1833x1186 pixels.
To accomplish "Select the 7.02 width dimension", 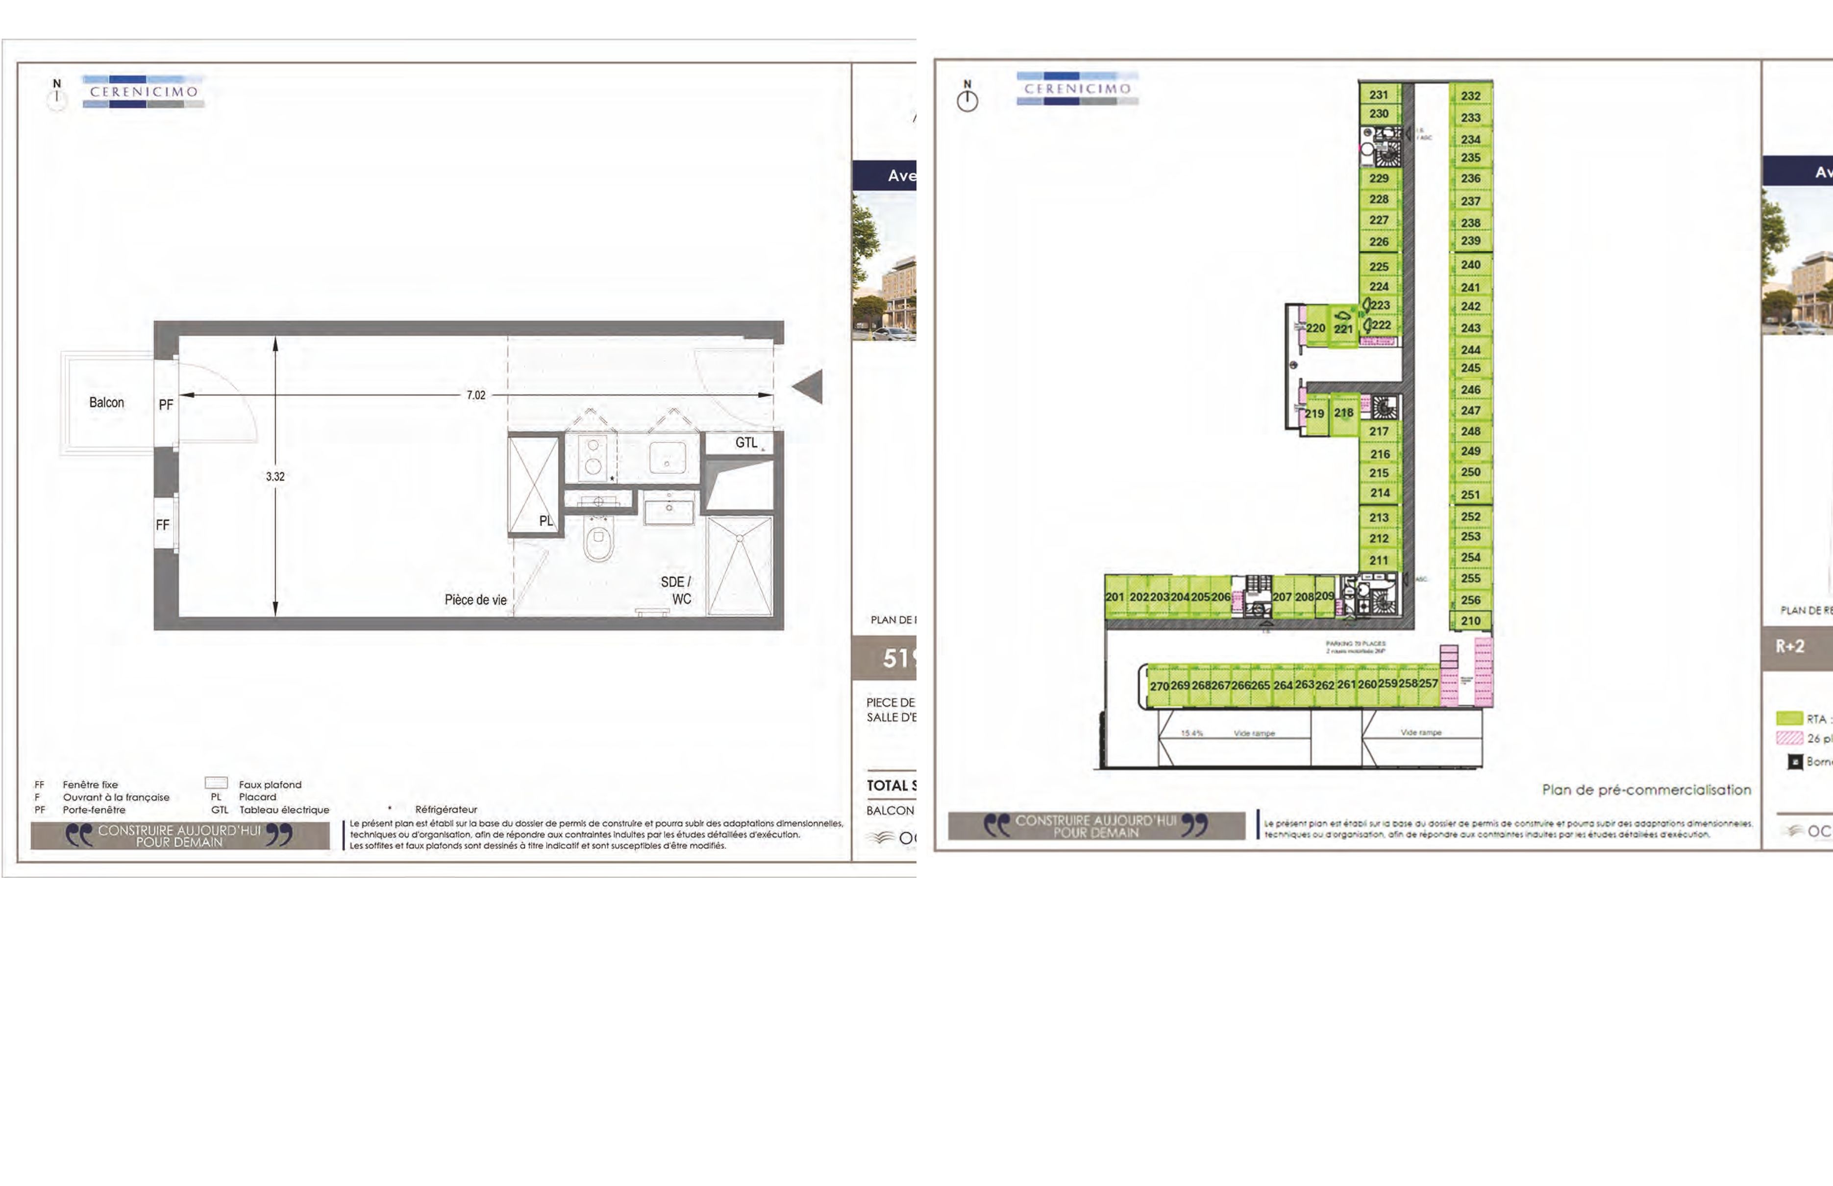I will [476, 395].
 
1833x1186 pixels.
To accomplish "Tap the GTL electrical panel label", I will [745, 443].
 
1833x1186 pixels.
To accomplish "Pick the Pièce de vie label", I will [475, 600].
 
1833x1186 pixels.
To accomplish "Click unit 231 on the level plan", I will [1379, 95].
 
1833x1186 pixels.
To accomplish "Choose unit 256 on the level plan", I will [1470, 600].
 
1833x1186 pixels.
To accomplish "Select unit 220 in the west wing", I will [1315, 328].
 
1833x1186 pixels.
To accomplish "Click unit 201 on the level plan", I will [1115, 597].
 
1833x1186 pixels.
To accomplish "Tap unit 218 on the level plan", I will [1344, 413].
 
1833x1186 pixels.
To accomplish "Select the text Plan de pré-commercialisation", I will [1646, 790].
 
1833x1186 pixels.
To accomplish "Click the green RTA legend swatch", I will [1789, 718].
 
